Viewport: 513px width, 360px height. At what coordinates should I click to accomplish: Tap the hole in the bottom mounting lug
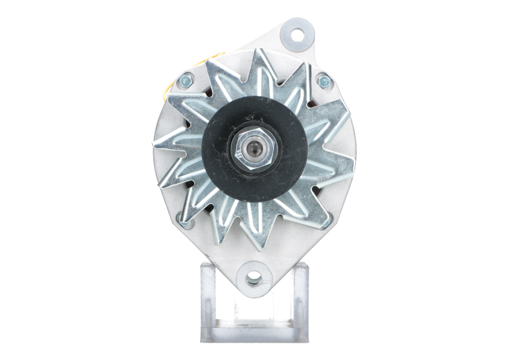[255, 278]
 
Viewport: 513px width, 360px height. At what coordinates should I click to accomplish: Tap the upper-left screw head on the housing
[186, 81]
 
